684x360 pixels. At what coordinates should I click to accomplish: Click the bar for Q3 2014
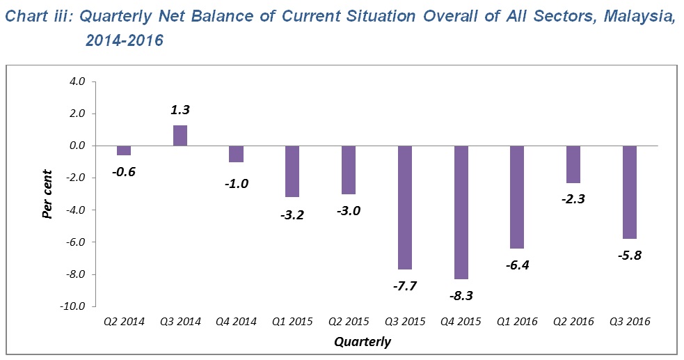click(x=180, y=135)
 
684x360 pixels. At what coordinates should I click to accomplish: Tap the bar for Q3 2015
click(x=404, y=208)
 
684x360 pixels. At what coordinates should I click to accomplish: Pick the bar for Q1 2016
click(x=516, y=197)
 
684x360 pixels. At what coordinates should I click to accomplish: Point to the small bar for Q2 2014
click(x=124, y=150)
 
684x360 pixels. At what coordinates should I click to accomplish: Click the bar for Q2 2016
click(x=573, y=164)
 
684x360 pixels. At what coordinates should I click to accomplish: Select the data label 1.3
click(x=180, y=110)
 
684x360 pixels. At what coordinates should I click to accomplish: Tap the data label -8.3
click(x=461, y=295)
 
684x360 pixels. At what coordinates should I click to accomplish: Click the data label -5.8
click(x=629, y=255)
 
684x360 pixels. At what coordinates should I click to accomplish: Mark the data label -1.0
click(x=236, y=184)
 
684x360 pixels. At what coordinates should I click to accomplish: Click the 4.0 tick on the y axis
click(x=77, y=81)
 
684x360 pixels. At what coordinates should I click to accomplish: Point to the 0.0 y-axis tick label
click(x=77, y=146)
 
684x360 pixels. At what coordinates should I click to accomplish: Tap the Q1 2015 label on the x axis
click(x=292, y=322)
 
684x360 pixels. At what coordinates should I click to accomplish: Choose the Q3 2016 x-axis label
click(x=629, y=322)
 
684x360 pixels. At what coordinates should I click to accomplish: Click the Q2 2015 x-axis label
click(x=348, y=322)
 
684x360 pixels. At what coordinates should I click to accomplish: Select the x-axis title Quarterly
click(x=362, y=342)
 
